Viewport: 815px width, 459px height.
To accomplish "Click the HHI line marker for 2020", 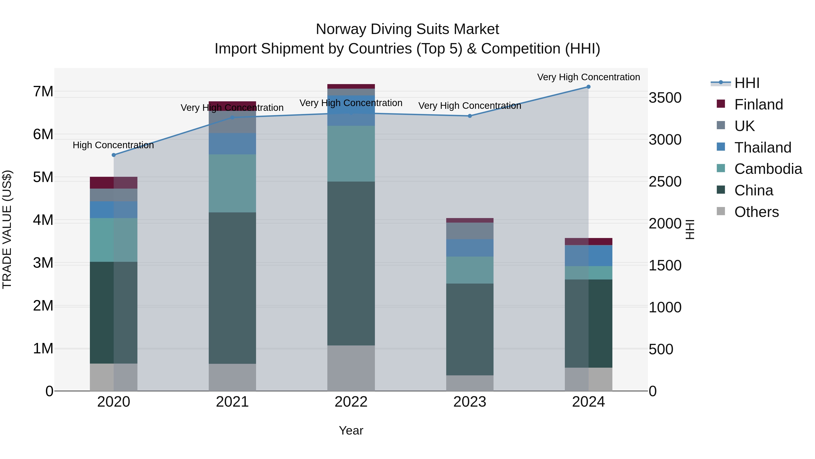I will [114, 155].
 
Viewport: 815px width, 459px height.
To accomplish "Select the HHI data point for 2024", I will [588, 87].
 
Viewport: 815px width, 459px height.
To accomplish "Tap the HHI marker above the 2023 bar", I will [470, 116].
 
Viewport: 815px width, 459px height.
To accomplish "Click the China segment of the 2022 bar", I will [351, 263].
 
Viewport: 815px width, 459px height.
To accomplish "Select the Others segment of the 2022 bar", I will [351, 368].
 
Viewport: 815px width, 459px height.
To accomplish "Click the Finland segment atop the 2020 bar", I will [114, 182].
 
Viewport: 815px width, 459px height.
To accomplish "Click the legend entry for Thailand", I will [762, 147].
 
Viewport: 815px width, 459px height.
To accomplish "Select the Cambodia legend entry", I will [768, 169].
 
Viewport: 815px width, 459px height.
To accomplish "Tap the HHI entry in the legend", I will [747, 83].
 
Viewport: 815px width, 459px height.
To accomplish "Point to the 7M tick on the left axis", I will [43, 92].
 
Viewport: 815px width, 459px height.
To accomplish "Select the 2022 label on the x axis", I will [351, 402].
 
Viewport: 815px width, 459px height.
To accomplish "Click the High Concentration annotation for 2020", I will [113, 145].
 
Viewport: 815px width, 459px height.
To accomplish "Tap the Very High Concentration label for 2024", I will [588, 77].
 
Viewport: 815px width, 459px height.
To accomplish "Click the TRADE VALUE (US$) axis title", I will [7, 229].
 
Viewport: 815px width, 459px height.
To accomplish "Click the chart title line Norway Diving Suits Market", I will [407, 29].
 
